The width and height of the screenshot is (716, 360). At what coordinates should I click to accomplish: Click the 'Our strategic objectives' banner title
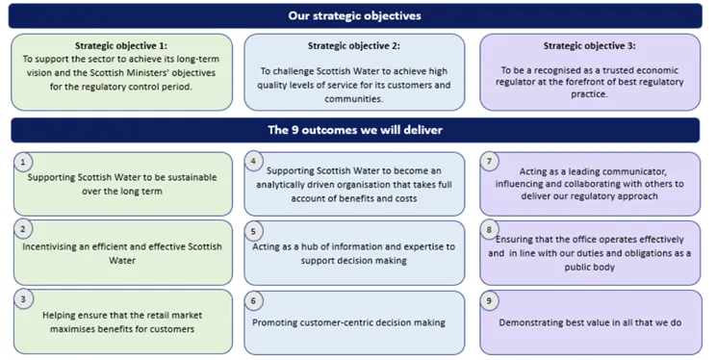click(x=355, y=15)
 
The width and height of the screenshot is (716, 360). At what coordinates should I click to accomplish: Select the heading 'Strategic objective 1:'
click(x=121, y=45)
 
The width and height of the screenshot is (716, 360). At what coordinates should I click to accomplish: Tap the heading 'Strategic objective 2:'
click(x=354, y=45)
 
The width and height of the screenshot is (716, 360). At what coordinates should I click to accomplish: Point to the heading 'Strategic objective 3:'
click(x=589, y=45)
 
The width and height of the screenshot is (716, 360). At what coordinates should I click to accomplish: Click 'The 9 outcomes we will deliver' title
click(x=355, y=130)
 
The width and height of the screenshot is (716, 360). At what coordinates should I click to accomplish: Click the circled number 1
click(x=23, y=163)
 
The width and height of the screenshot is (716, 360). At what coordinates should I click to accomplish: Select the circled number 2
click(x=23, y=230)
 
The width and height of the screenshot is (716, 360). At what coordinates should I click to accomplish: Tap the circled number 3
click(x=23, y=299)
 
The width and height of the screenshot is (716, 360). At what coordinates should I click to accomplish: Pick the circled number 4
click(x=253, y=162)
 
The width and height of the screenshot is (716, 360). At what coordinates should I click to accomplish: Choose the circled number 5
click(x=253, y=231)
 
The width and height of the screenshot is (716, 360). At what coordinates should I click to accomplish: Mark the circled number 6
click(x=253, y=300)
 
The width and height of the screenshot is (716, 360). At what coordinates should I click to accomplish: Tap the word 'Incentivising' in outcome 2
click(x=52, y=246)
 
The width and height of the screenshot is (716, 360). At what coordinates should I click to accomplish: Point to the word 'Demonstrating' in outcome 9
click(x=530, y=322)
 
